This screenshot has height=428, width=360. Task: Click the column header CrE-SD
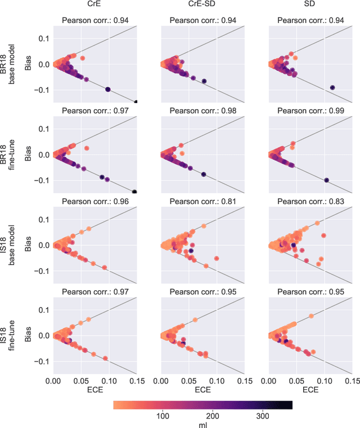[x=202, y=6]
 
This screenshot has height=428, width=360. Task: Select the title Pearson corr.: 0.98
[x=202, y=111]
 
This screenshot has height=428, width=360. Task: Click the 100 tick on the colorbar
[x=163, y=416]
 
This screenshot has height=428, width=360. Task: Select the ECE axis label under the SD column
[x=310, y=389]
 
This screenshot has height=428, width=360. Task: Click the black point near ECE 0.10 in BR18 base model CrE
[x=108, y=89]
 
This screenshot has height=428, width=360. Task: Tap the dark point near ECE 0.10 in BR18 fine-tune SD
[x=326, y=180]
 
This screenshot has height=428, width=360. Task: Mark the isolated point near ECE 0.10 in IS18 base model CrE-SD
[x=217, y=259]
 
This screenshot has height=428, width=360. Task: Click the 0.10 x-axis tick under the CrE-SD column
[x=217, y=380]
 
